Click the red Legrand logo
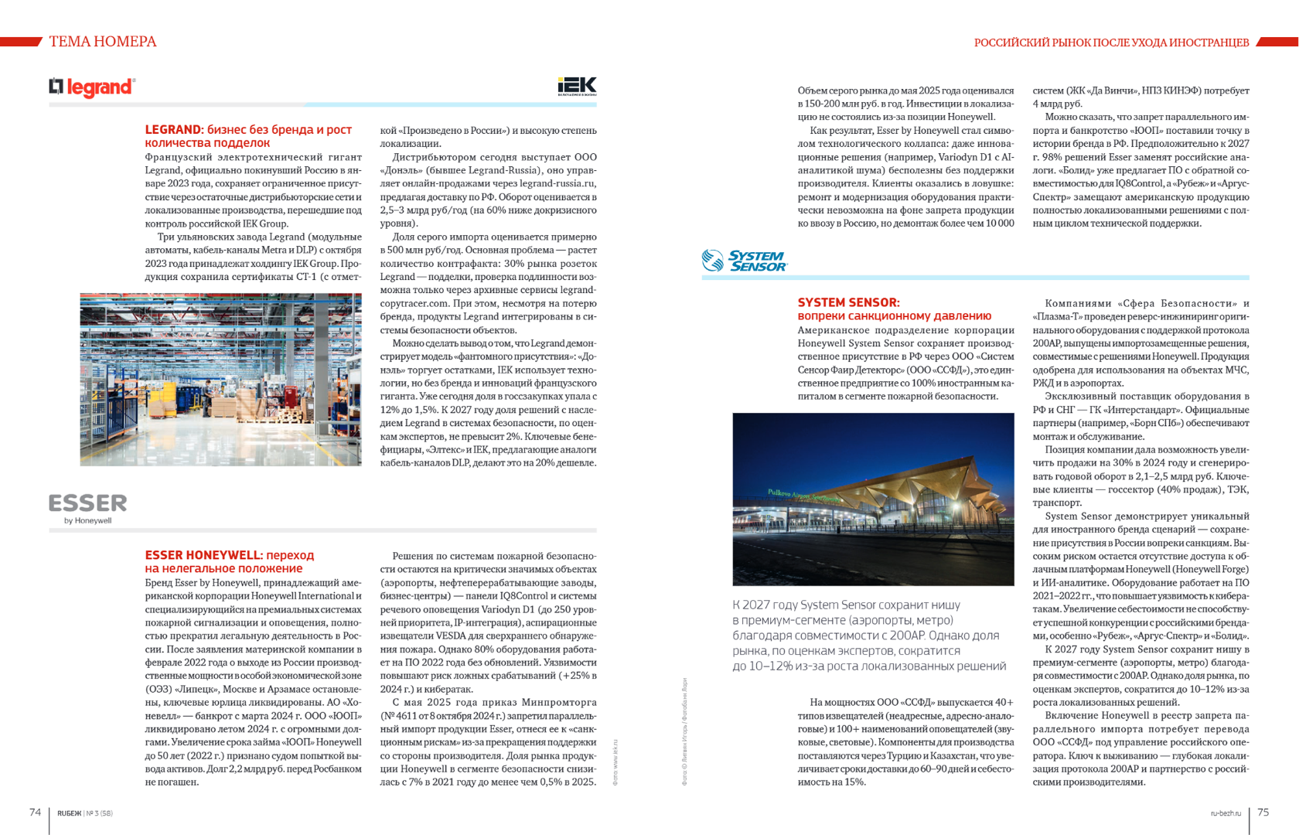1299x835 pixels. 92,87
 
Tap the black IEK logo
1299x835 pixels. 577,86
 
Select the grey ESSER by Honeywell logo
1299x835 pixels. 87,507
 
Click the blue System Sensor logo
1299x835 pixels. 745,261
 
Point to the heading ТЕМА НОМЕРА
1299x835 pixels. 103,42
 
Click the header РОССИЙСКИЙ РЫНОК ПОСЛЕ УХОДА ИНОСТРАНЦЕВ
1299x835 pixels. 1111,43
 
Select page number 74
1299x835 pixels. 35,812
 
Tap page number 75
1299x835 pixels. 1263,812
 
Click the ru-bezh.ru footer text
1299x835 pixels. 1226,813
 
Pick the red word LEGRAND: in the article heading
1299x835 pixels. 174,130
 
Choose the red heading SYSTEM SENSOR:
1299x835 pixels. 848,302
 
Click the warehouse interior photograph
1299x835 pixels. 220,379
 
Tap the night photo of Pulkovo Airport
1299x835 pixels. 873,499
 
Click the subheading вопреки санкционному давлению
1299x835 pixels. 894,316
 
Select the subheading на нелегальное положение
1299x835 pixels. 223,568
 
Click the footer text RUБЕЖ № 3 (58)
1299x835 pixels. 85,813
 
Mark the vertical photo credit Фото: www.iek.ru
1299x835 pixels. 615,762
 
